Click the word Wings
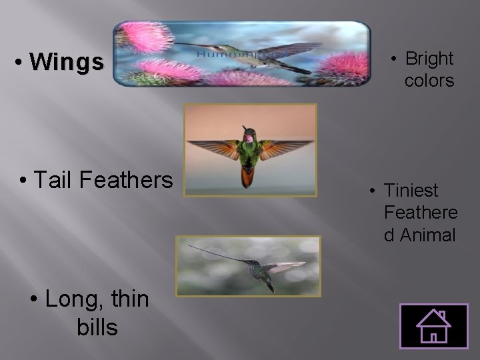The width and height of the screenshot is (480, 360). tap(67, 63)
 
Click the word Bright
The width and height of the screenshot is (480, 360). tap(429, 59)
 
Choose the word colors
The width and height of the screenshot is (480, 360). tap(429, 81)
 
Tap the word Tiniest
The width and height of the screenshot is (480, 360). tap(411, 191)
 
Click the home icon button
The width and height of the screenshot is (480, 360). tap(433, 326)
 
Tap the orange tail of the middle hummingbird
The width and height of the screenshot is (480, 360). tap(247, 177)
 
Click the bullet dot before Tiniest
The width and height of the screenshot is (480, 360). tap(373, 191)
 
